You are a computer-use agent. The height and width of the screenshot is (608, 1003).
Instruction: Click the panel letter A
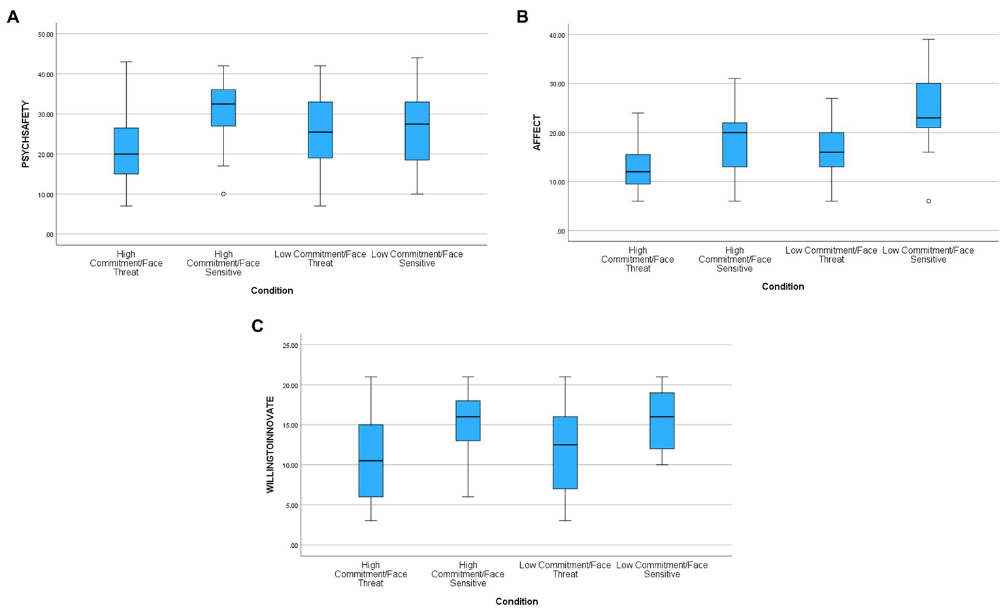pyautogui.click(x=12, y=17)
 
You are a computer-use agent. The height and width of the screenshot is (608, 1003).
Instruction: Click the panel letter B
pyautogui.click(x=522, y=17)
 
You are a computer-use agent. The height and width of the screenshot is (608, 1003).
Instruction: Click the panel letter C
pyautogui.click(x=257, y=326)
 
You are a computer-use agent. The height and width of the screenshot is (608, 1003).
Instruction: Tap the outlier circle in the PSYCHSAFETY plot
pyautogui.click(x=223, y=194)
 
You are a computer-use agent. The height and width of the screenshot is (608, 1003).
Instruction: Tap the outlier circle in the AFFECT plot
pyautogui.click(x=929, y=201)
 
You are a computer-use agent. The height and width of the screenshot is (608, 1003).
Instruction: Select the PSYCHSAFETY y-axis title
pyautogui.click(x=26, y=134)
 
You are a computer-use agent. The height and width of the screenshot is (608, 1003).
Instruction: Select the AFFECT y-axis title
pyautogui.click(x=537, y=133)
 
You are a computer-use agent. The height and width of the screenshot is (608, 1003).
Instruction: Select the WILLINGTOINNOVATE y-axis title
pyautogui.click(x=270, y=445)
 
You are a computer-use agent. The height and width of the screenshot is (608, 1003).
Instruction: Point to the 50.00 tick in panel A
pyautogui.click(x=46, y=34)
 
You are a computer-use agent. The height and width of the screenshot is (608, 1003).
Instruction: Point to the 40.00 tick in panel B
pyautogui.click(x=557, y=35)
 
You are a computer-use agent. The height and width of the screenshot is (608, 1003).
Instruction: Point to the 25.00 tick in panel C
pyautogui.click(x=290, y=345)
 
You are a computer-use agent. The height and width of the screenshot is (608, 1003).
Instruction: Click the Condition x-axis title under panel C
pyautogui.click(x=516, y=601)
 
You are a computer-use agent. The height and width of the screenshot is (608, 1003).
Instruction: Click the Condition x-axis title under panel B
pyautogui.click(x=782, y=286)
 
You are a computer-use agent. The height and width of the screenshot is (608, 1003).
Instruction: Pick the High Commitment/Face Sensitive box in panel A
pyautogui.click(x=223, y=107)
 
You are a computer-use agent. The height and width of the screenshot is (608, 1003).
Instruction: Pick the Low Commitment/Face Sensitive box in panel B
pyautogui.click(x=929, y=106)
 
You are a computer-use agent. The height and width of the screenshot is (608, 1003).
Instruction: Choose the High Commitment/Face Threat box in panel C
pyautogui.click(x=371, y=461)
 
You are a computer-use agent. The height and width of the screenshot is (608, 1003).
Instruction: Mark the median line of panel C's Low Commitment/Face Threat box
pyautogui.click(x=565, y=445)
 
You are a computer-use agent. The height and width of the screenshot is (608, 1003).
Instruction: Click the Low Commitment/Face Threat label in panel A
pyautogui.click(x=320, y=259)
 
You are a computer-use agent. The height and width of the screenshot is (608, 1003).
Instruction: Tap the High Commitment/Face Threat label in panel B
pyautogui.click(x=638, y=259)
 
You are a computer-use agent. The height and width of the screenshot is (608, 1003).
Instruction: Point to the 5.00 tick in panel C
pyautogui.click(x=291, y=505)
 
